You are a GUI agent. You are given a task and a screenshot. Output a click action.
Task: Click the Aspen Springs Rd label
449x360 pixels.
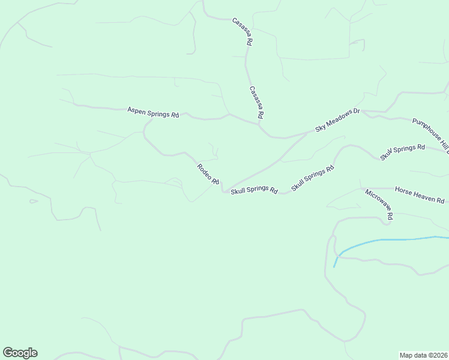tap(153, 112)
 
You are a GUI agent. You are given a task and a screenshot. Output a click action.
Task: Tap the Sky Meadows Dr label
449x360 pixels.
tap(337, 120)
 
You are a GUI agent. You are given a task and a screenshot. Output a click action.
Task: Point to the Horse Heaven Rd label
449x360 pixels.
tap(420, 196)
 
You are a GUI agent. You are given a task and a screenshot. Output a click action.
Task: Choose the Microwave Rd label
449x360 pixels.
tap(379, 204)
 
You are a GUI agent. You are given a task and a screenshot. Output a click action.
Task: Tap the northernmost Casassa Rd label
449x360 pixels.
tap(243, 32)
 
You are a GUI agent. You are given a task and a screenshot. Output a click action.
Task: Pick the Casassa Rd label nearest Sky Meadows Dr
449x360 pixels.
tap(256, 101)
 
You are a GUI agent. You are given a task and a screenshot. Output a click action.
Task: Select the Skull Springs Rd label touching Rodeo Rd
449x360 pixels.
tap(254, 190)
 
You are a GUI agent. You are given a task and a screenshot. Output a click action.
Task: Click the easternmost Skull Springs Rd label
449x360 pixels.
tap(402, 152)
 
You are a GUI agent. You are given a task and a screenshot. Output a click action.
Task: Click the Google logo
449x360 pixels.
tap(20, 353)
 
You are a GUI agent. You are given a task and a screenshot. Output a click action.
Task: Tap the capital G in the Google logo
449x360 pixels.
tap(8, 353)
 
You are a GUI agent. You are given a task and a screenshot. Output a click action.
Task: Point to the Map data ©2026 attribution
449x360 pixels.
tap(423, 355)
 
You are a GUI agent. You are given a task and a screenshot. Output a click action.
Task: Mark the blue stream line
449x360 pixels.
tap(390, 240)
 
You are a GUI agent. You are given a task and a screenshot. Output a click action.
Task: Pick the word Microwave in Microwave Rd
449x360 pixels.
tap(376, 201)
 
